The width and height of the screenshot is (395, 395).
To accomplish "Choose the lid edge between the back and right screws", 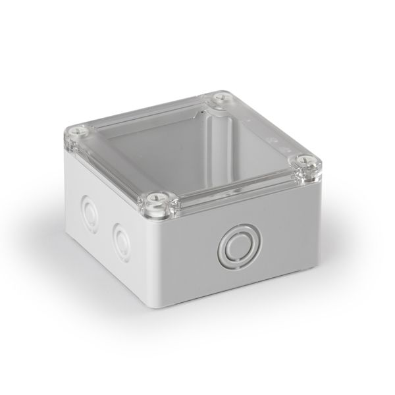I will (263, 129).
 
